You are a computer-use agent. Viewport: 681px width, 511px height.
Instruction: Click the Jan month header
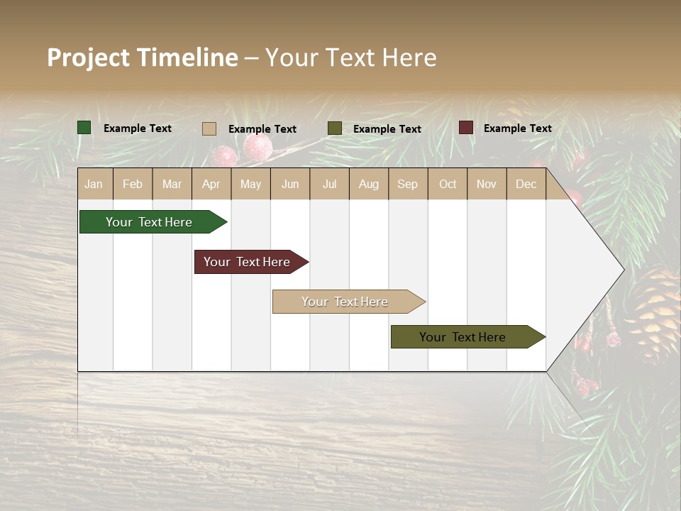94,184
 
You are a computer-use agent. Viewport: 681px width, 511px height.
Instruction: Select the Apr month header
211,184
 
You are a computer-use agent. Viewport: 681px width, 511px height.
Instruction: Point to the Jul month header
329,184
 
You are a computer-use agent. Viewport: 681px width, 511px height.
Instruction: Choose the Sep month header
407,184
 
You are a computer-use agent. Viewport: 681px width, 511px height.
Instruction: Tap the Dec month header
526,184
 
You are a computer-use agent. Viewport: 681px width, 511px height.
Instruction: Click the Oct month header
448,184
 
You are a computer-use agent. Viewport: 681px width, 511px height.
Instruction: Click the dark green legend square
84,128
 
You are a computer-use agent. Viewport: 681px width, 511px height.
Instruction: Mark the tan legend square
209,128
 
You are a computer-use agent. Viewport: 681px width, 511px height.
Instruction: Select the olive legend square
334,128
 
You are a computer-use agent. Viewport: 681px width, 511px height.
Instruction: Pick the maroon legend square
465,128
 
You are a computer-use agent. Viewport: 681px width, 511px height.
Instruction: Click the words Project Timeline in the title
142,57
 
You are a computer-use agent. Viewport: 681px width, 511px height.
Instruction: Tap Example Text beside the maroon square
517,128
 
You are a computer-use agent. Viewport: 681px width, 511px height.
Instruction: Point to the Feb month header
133,184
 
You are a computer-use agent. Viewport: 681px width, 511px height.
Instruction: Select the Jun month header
290,184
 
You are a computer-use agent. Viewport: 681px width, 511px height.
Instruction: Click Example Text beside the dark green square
138,128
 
